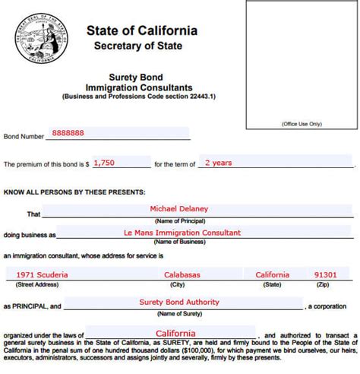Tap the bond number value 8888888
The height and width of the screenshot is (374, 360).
pos(68,133)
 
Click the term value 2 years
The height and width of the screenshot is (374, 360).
pos(219,162)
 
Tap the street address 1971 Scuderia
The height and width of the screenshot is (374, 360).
pos(43,274)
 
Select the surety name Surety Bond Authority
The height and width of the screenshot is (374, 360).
pos(179,302)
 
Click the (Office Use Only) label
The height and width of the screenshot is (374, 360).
pos(302,123)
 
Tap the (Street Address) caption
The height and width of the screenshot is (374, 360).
pos(39,284)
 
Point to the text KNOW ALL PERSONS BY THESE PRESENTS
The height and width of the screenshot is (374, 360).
pos(74,192)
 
